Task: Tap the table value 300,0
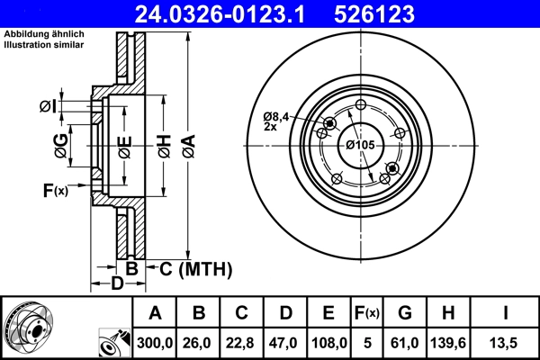(x=155, y=342)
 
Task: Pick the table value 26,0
(x=199, y=342)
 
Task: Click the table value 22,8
(x=242, y=342)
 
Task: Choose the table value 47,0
(x=286, y=342)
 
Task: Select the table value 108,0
(x=329, y=342)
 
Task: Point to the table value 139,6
(x=447, y=342)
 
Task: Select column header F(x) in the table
(x=366, y=313)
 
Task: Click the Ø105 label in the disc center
(x=359, y=145)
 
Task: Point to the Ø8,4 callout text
(x=276, y=116)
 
